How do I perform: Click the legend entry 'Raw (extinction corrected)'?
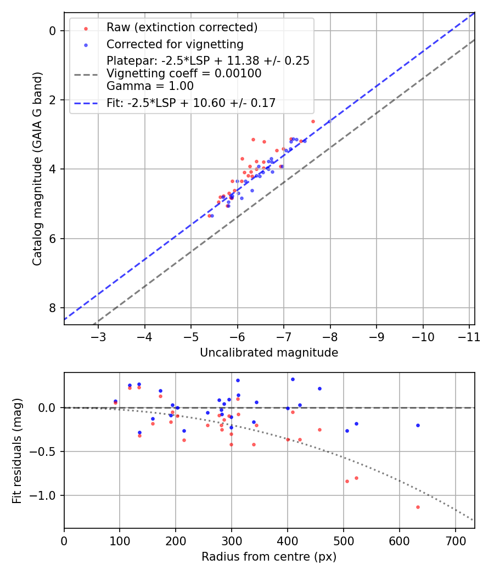182,27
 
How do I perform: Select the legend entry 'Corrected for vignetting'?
175,44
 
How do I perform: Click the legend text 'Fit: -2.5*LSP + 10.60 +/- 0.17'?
190,103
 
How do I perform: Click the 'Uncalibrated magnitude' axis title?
269,353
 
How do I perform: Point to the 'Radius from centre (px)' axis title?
269,557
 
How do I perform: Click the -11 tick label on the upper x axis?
469,336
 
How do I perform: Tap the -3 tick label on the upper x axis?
98,336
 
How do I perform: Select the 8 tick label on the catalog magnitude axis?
53,308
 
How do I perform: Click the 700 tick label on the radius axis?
399,540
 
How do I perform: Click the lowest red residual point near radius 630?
418,507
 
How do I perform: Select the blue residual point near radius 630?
418,425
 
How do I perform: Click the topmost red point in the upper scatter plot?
313,121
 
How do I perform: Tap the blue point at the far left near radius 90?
115,401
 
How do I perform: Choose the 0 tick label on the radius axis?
64,540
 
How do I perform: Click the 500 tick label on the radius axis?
288,540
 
